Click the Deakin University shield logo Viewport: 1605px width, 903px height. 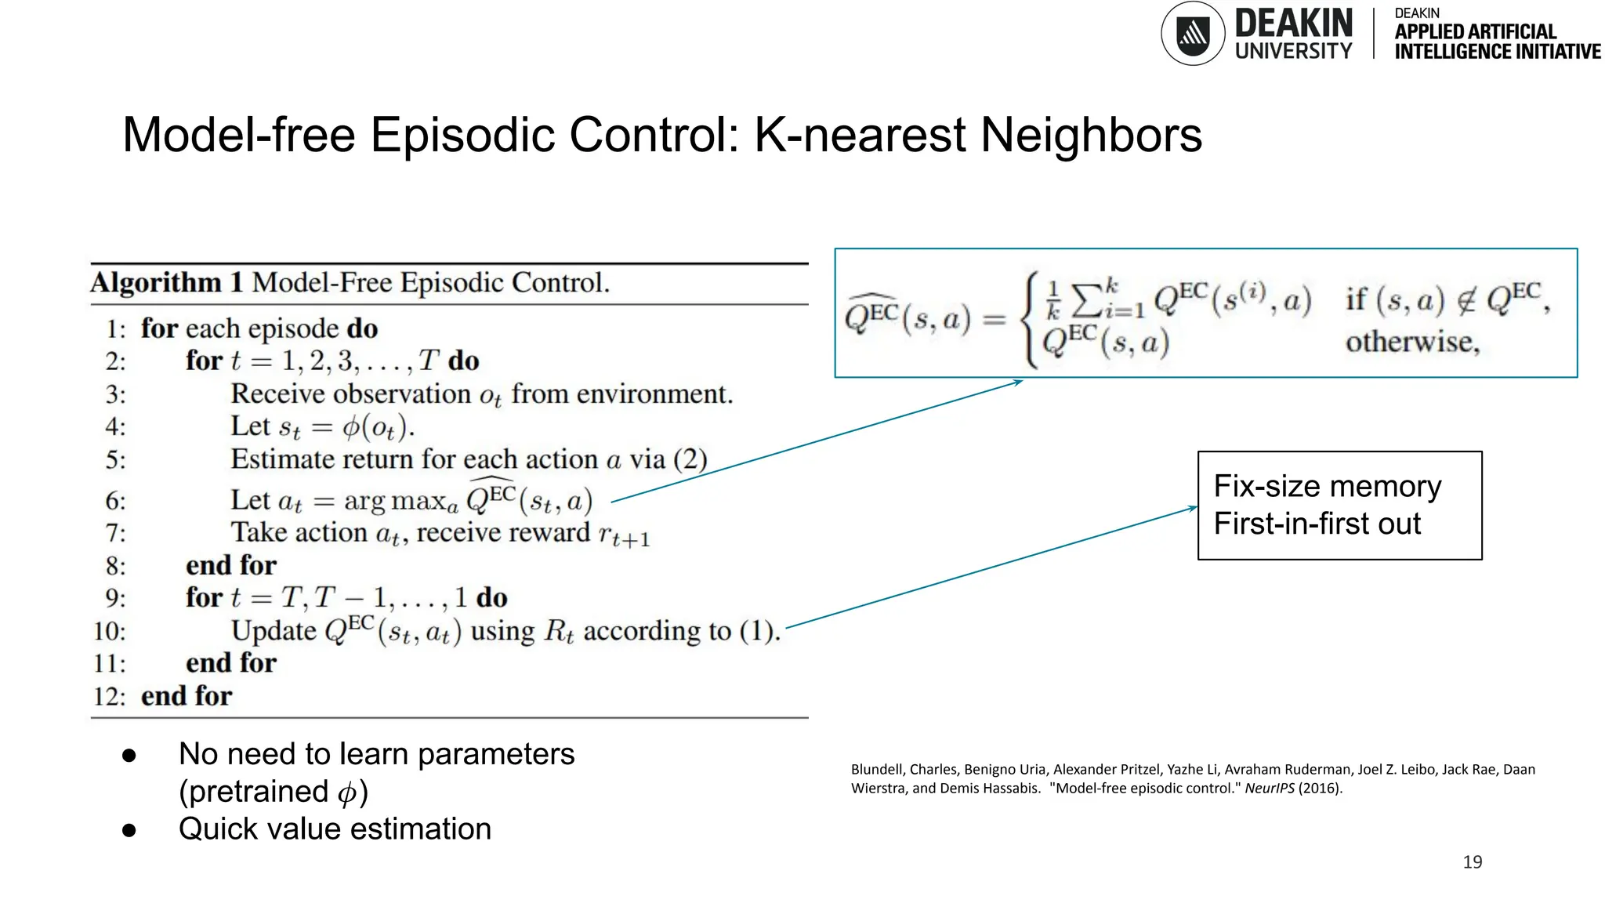point(1192,34)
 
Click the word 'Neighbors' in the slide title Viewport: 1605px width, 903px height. point(1091,135)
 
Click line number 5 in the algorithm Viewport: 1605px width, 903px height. point(115,459)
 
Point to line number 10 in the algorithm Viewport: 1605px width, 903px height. point(109,631)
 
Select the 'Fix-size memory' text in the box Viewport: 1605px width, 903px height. point(1327,487)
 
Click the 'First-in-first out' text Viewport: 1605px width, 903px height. point(1317,524)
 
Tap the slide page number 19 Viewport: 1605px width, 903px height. point(1472,862)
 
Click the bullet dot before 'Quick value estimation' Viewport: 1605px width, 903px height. point(129,830)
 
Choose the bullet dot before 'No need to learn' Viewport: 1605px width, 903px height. point(129,755)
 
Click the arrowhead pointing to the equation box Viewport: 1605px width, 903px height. point(1018,382)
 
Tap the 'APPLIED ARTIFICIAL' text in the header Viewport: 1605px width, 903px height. point(1475,32)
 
